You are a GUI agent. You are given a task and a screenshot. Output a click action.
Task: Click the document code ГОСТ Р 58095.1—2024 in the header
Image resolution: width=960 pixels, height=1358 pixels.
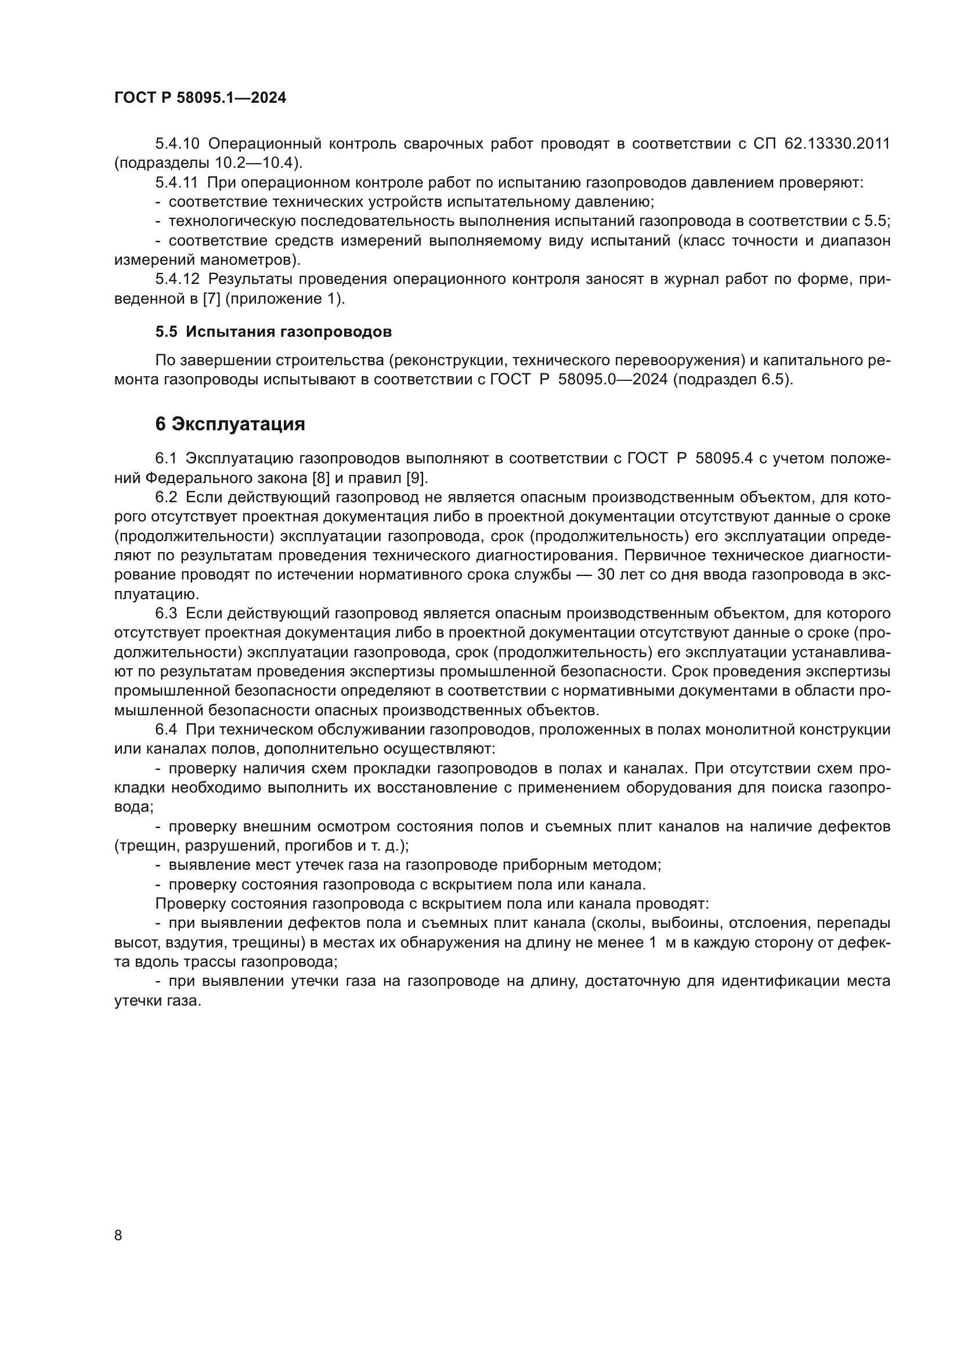click(200, 98)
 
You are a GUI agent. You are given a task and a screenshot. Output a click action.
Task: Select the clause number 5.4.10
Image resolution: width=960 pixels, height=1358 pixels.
click(178, 144)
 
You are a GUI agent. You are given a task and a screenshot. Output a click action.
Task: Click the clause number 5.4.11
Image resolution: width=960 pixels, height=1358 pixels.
click(177, 183)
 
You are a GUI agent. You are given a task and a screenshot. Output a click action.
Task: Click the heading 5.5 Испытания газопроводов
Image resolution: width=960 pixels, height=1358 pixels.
click(273, 332)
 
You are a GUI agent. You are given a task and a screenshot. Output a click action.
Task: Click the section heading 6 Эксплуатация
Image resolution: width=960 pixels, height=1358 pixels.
click(230, 424)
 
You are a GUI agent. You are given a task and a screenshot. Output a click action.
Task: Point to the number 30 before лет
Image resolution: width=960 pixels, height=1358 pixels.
click(607, 575)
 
